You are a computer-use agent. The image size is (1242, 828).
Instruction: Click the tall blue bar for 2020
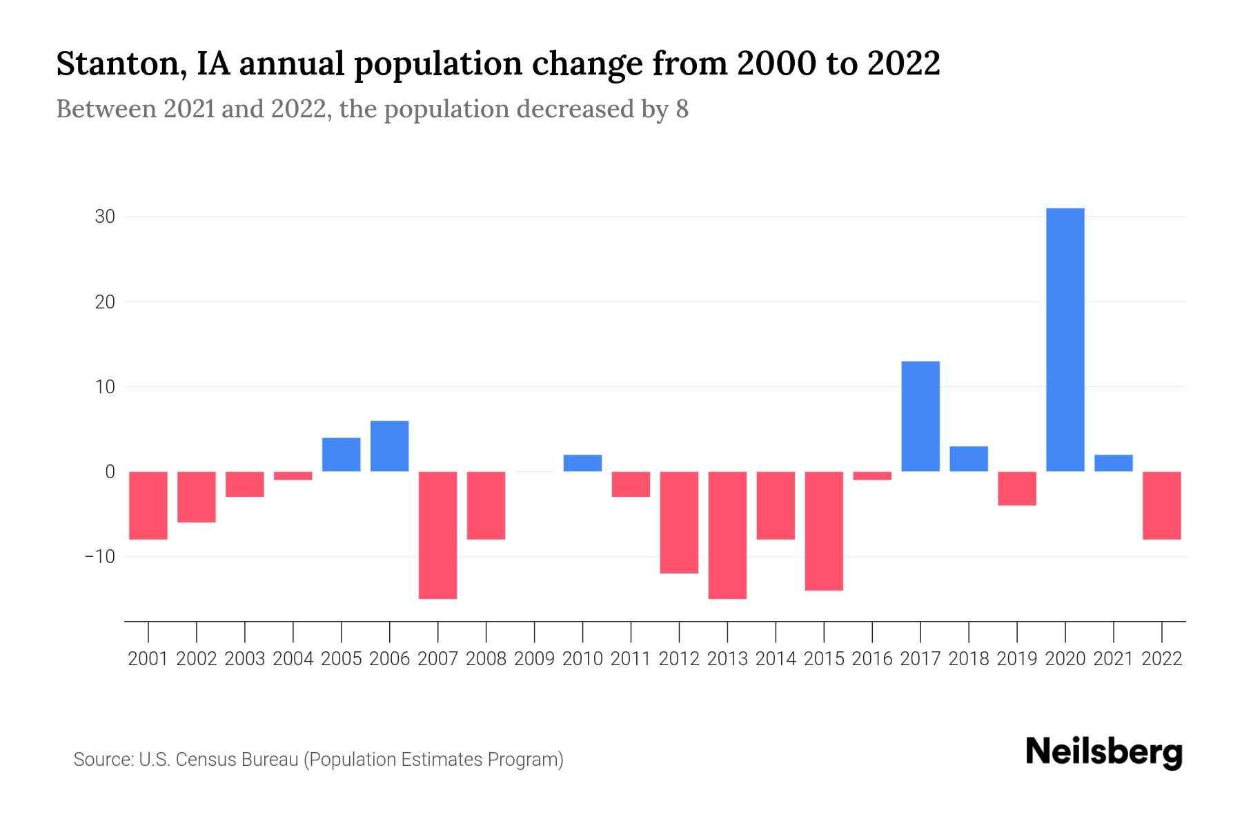tap(1065, 339)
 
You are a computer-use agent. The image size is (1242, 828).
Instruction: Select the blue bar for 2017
tap(920, 416)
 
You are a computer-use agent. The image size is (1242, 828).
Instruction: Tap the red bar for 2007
tap(437, 535)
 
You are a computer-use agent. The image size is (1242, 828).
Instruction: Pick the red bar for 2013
tap(727, 535)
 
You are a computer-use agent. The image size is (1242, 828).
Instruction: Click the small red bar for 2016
tap(872, 475)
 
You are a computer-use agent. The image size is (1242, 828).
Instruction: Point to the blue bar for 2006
tap(389, 446)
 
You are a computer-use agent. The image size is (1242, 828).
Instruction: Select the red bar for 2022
tap(1162, 505)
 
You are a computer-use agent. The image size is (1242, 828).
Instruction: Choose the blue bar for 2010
tap(582, 463)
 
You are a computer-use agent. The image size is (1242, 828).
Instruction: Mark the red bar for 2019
tap(1017, 489)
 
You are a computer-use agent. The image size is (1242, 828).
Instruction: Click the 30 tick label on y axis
tap(105, 217)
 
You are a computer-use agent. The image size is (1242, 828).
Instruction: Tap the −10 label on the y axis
tap(99, 556)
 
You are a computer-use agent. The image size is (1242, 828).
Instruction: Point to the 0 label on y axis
tap(110, 472)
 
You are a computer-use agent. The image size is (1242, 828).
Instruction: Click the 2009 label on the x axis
tap(534, 659)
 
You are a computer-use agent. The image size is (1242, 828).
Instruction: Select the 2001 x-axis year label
tap(148, 659)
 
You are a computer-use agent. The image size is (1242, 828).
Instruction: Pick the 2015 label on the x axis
tap(824, 659)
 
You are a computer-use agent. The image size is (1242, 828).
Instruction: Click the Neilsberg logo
tap(1104, 752)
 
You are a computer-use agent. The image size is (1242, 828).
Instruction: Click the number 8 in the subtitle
tap(682, 109)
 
